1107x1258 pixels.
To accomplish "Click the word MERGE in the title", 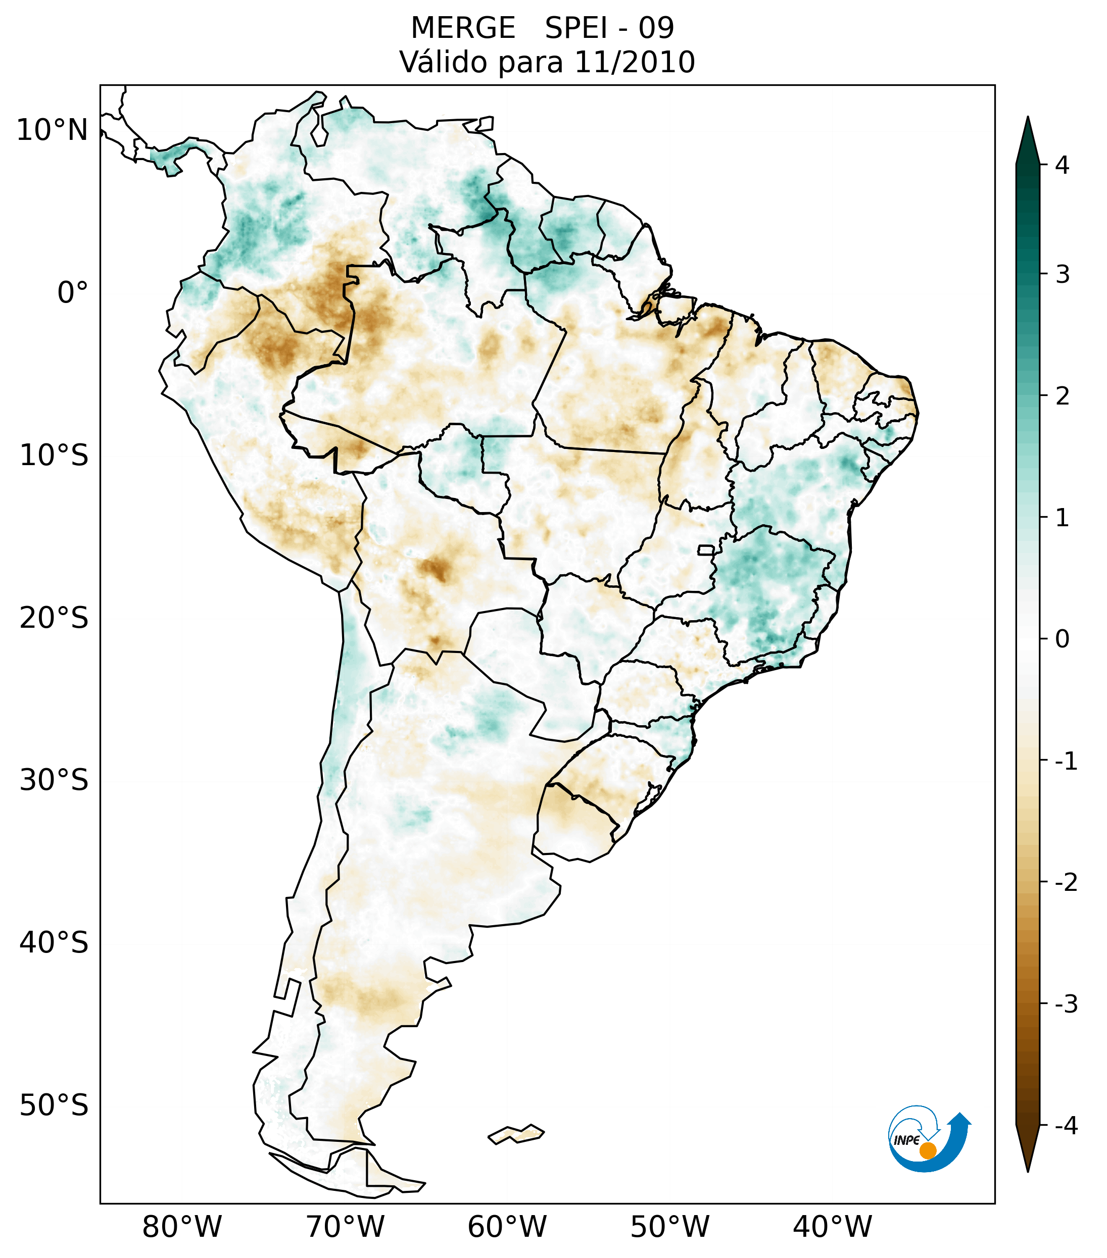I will coord(463,28).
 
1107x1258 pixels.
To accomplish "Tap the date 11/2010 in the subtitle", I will coord(634,62).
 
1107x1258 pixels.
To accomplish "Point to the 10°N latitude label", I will coord(53,130).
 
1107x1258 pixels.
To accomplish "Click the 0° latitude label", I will coord(73,293).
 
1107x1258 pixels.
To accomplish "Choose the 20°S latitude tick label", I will coord(54,618).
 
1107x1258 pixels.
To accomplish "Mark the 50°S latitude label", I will coord(54,1106).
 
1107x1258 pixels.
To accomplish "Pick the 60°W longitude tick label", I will coord(507,1227).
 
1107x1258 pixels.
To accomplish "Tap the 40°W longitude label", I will coord(833,1227).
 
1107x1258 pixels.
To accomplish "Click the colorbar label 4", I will coord(1062,165).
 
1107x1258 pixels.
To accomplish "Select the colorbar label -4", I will coord(1066,1126).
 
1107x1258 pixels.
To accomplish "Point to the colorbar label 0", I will coord(1062,639).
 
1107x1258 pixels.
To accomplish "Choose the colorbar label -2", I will coord(1066,883).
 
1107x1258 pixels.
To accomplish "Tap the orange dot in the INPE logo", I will coord(928,1150).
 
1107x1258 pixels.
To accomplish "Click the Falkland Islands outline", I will coord(516,1134).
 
